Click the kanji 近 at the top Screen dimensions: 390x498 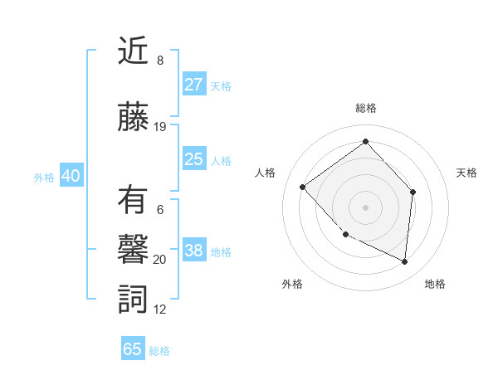134,53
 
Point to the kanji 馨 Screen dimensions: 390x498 134,248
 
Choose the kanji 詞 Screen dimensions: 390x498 134,298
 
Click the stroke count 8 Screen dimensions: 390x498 160,61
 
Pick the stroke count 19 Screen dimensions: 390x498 160,127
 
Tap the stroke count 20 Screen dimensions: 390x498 160,260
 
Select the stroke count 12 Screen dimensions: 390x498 160,310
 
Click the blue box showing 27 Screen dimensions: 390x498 193,85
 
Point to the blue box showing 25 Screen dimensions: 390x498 193,159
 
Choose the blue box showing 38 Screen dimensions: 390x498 193,251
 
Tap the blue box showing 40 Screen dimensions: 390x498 71,176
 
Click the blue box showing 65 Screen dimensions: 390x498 133,349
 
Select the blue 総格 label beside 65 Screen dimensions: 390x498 159,351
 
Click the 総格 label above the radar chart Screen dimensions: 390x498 365,108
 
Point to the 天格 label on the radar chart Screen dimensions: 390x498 466,173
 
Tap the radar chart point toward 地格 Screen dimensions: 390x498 405,262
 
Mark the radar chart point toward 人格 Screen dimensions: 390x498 303,187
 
